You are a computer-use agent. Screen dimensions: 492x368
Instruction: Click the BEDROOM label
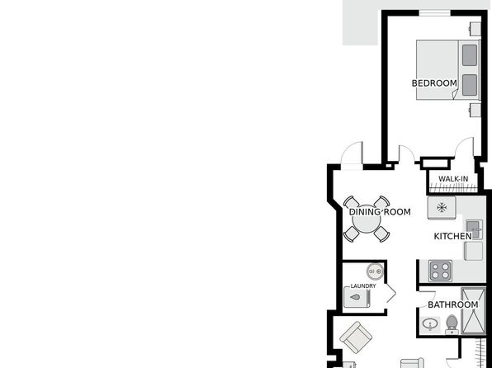click(x=434, y=83)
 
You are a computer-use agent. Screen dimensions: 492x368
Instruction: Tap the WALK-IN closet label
click(x=453, y=179)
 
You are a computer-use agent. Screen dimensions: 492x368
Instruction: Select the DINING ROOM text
click(x=380, y=212)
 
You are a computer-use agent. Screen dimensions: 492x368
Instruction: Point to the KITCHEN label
click(x=452, y=236)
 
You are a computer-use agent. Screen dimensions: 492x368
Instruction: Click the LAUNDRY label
click(x=363, y=286)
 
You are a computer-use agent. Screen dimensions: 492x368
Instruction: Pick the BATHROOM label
click(x=453, y=304)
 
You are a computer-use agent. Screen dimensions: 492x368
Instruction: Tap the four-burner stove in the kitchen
click(x=441, y=271)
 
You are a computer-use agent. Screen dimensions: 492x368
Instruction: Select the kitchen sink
click(x=474, y=229)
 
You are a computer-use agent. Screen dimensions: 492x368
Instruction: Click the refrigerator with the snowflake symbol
click(x=442, y=207)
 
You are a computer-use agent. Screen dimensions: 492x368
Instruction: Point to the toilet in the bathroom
click(x=452, y=324)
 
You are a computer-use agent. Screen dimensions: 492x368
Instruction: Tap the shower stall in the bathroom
click(x=473, y=311)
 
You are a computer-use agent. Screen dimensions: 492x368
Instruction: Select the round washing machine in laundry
click(x=375, y=271)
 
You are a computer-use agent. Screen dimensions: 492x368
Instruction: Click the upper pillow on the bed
click(x=470, y=55)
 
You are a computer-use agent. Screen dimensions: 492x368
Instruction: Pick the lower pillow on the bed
click(x=470, y=85)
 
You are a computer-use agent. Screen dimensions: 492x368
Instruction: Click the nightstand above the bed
click(x=475, y=29)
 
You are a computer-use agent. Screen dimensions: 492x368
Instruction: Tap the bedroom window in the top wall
click(x=435, y=13)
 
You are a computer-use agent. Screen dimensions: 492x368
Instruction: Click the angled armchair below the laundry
click(x=356, y=337)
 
